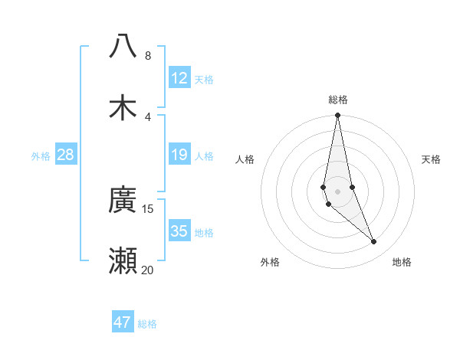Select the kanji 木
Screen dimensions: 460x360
click(123, 107)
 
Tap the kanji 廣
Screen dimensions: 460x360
click(123, 201)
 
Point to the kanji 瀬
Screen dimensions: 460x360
click(123, 261)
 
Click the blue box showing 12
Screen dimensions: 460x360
click(179, 78)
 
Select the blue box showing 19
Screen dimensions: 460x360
click(179, 155)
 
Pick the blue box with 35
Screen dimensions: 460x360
click(179, 231)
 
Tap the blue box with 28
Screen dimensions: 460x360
click(66, 155)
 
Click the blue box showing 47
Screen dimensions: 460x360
click(123, 322)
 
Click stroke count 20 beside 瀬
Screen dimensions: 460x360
click(148, 270)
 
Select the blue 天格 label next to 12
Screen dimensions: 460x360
click(204, 79)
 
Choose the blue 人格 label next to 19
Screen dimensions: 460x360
click(204, 156)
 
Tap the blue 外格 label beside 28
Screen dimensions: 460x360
click(41, 156)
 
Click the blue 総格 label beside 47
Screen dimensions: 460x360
click(147, 323)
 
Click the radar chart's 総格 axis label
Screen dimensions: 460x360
click(338, 100)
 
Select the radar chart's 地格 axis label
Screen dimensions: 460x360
click(402, 262)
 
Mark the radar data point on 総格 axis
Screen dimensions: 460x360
click(337, 116)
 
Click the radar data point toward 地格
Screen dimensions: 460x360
click(374, 242)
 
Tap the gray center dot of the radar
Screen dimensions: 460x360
click(337, 191)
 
